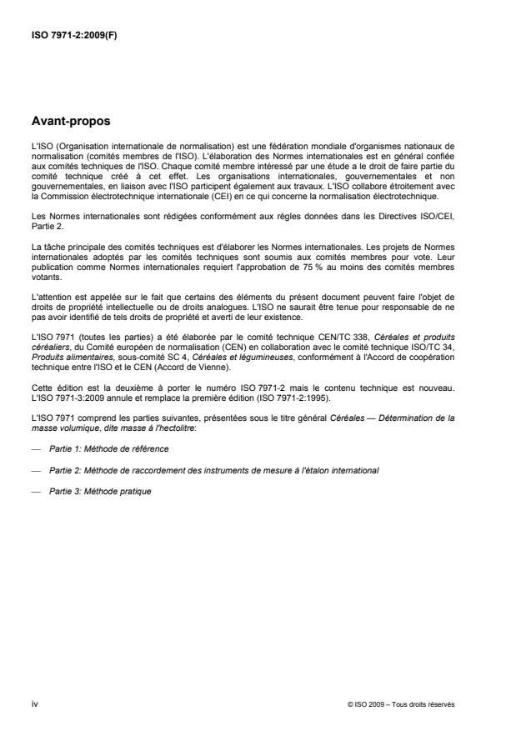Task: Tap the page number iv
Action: (33, 704)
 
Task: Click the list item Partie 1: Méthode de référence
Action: (108, 448)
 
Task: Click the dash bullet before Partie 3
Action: (36, 492)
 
